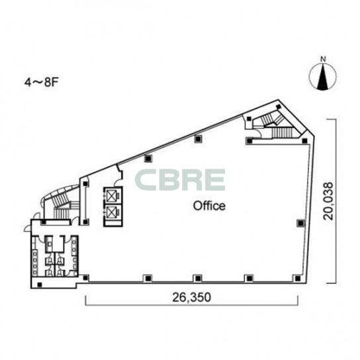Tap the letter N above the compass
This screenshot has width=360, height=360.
(x=323, y=60)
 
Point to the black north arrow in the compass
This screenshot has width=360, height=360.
(x=323, y=77)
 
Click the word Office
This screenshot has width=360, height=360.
(x=209, y=206)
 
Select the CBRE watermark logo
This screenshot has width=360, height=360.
(x=180, y=180)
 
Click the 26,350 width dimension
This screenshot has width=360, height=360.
(x=191, y=297)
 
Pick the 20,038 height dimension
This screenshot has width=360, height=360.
(x=328, y=201)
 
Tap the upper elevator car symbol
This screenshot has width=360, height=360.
(x=111, y=197)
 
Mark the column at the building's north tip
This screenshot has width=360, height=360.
(x=279, y=107)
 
